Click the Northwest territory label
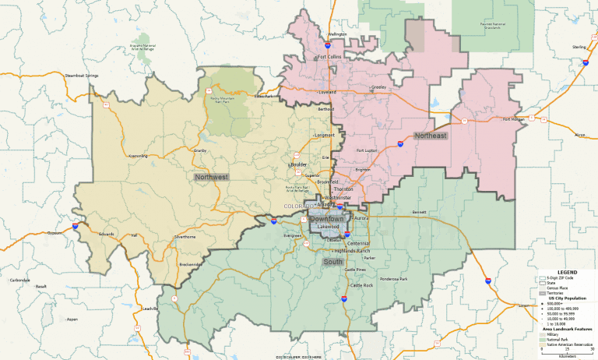pos(211,178)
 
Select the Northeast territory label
pos(430,136)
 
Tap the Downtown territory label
pos(326,219)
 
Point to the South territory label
pos(332,262)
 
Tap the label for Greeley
pos(378,87)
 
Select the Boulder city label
pos(298,165)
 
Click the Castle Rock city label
pos(362,285)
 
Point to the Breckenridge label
pos(190,265)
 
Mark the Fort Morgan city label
pos(513,119)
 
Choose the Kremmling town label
pos(137,156)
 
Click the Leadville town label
pos(149,309)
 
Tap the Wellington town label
pos(337,34)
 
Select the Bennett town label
pos(420,211)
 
